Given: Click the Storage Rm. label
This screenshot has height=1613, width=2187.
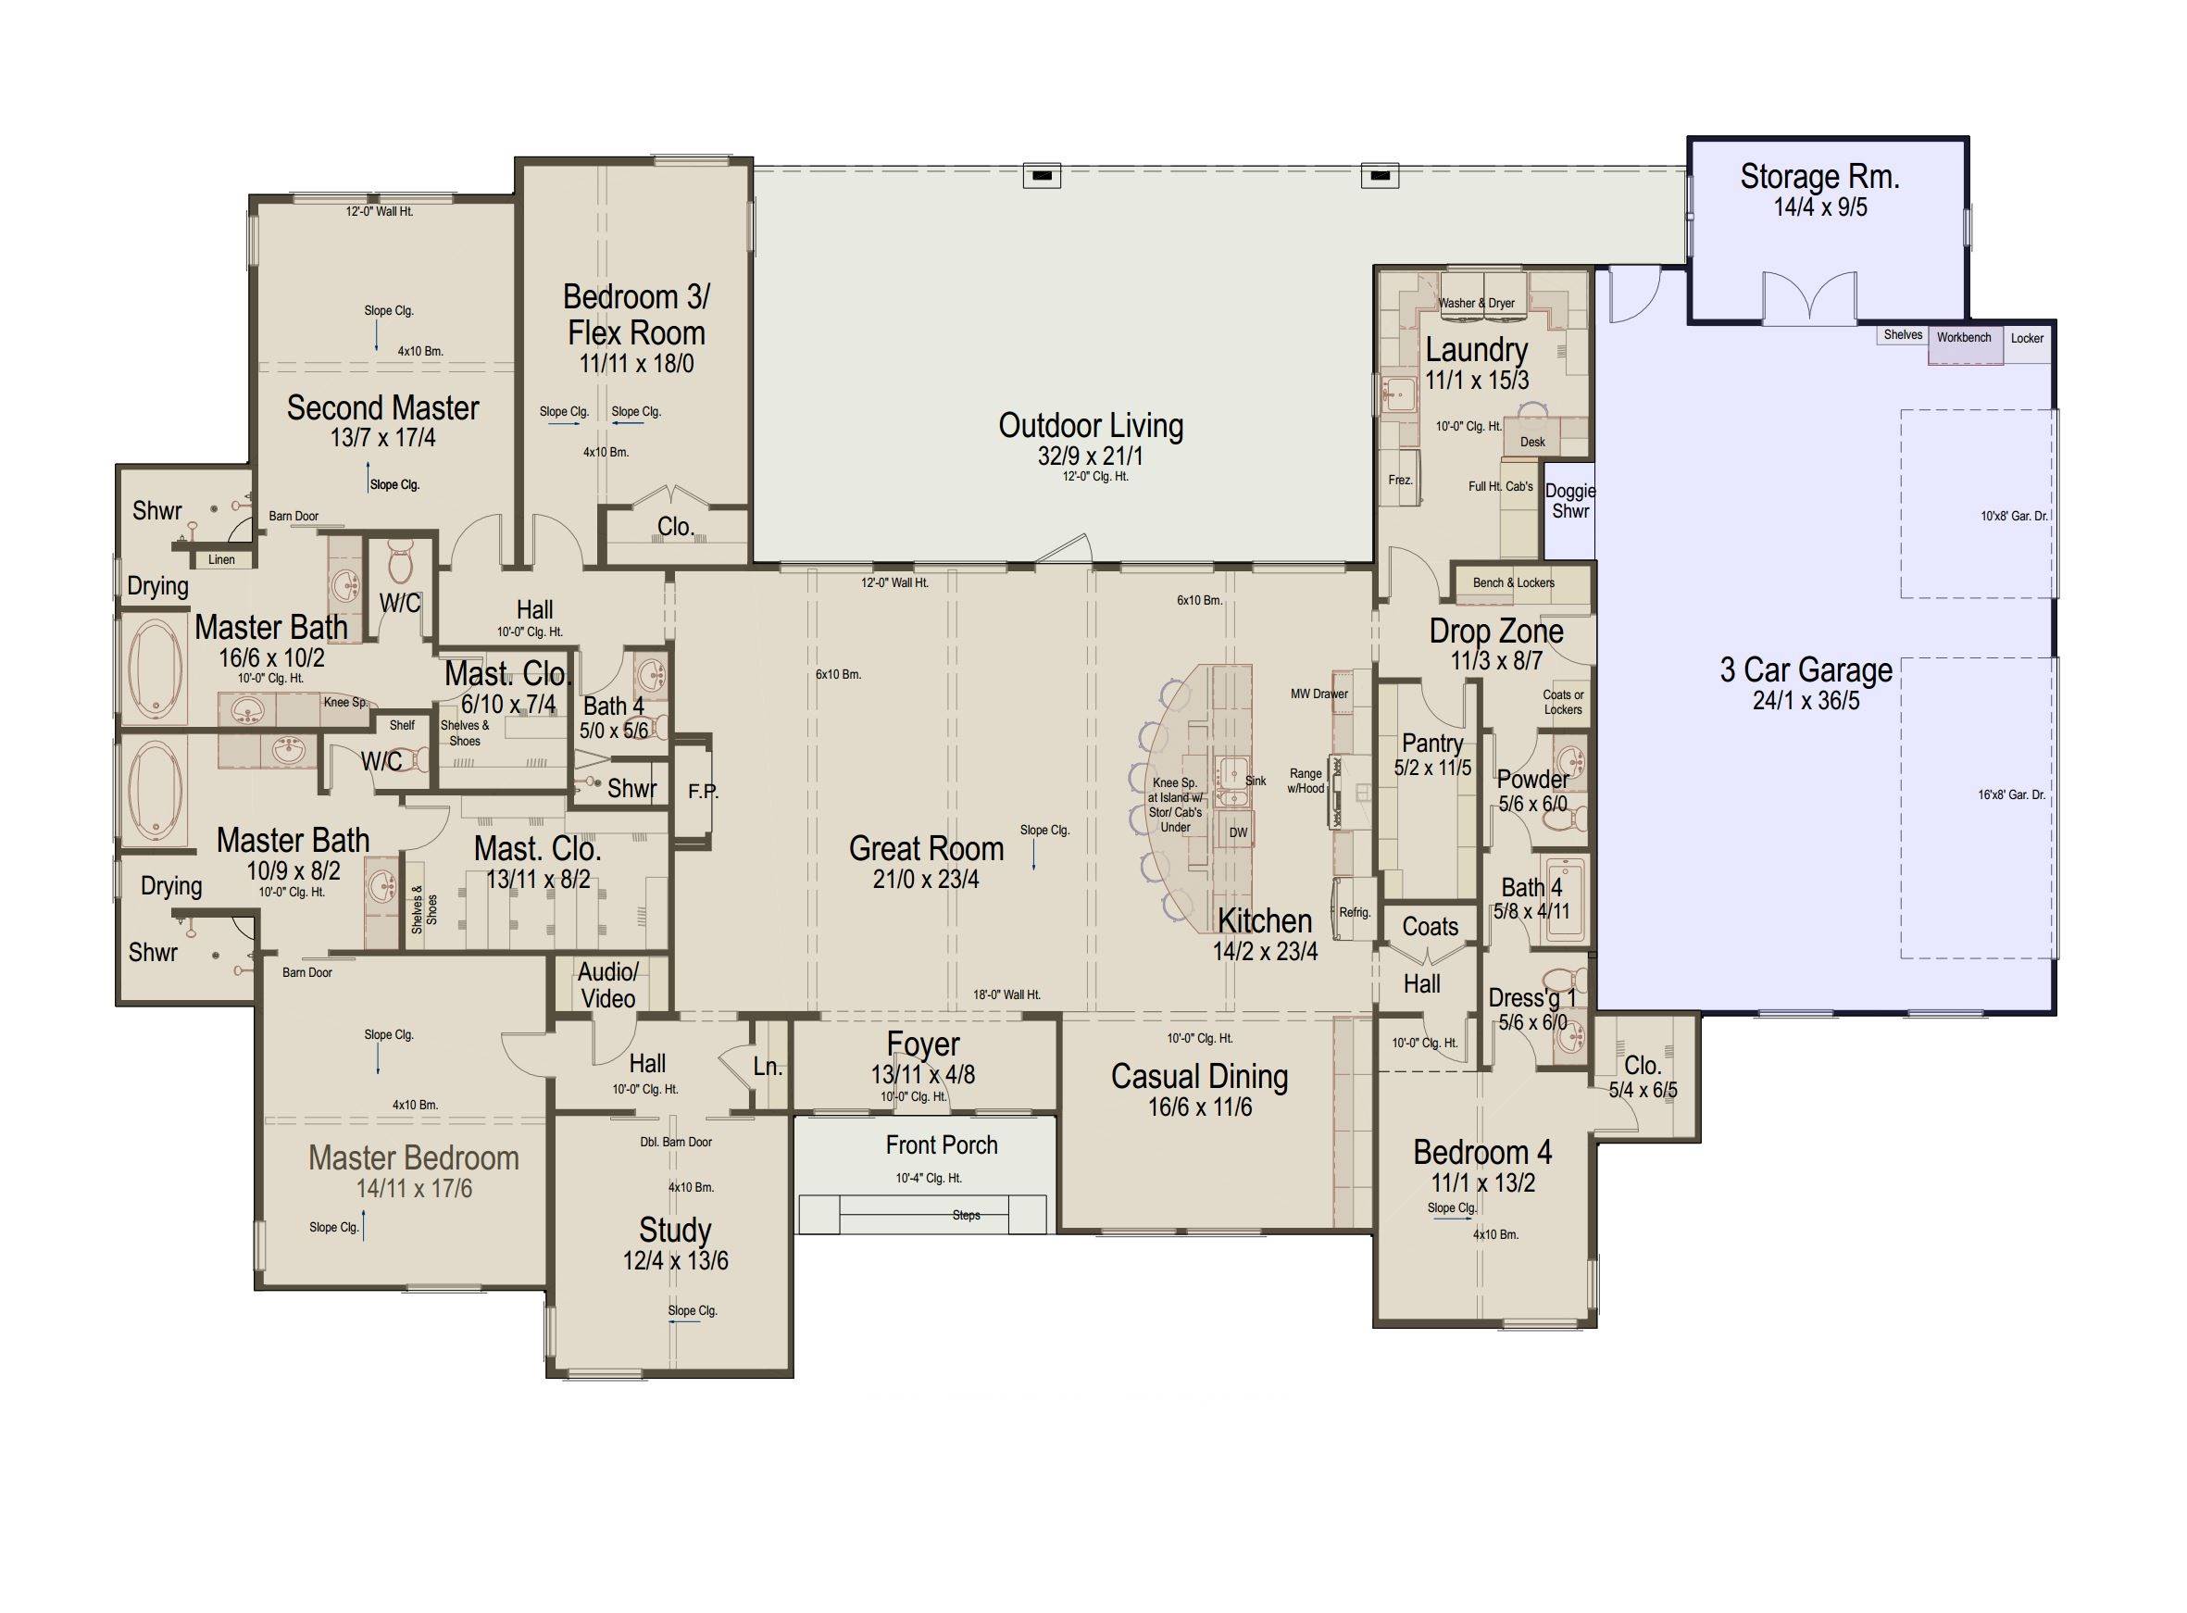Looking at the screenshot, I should [x=1818, y=177].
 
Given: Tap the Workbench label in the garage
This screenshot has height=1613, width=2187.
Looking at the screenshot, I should [x=1964, y=338].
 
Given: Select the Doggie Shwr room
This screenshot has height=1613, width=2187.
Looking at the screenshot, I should [x=1570, y=501].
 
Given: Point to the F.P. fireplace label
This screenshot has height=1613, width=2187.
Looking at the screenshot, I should [x=703, y=791].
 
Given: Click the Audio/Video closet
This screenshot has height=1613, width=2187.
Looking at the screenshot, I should [x=607, y=984].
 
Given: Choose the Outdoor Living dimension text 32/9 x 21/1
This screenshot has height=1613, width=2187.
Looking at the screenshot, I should [x=1091, y=456].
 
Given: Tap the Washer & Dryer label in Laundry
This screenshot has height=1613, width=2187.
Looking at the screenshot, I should [x=1476, y=303].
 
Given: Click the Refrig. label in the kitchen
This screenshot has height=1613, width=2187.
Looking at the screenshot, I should [x=1355, y=913].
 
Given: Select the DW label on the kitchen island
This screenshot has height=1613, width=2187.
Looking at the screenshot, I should [x=1238, y=832].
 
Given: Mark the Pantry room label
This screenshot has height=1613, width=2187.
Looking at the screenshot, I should [x=1432, y=742].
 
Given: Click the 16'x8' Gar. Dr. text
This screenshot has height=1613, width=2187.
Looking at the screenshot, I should [x=2011, y=794].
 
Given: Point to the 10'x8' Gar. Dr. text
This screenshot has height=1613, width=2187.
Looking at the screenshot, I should [x=2013, y=517].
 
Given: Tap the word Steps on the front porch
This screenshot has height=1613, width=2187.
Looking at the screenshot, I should [x=966, y=1216].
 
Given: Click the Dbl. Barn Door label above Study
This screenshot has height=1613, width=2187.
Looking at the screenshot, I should [x=676, y=1142].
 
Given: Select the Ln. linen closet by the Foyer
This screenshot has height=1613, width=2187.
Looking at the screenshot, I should [x=769, y=1068].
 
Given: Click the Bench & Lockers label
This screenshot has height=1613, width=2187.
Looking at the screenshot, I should [x=1513, y=583].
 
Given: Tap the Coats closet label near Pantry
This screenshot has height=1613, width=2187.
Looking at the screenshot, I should [x=1431, y=927].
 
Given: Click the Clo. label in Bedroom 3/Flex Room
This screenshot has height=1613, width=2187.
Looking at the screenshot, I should [x=675, y=526].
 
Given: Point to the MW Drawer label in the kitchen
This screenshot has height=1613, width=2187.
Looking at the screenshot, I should [x=1319, y=694].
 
